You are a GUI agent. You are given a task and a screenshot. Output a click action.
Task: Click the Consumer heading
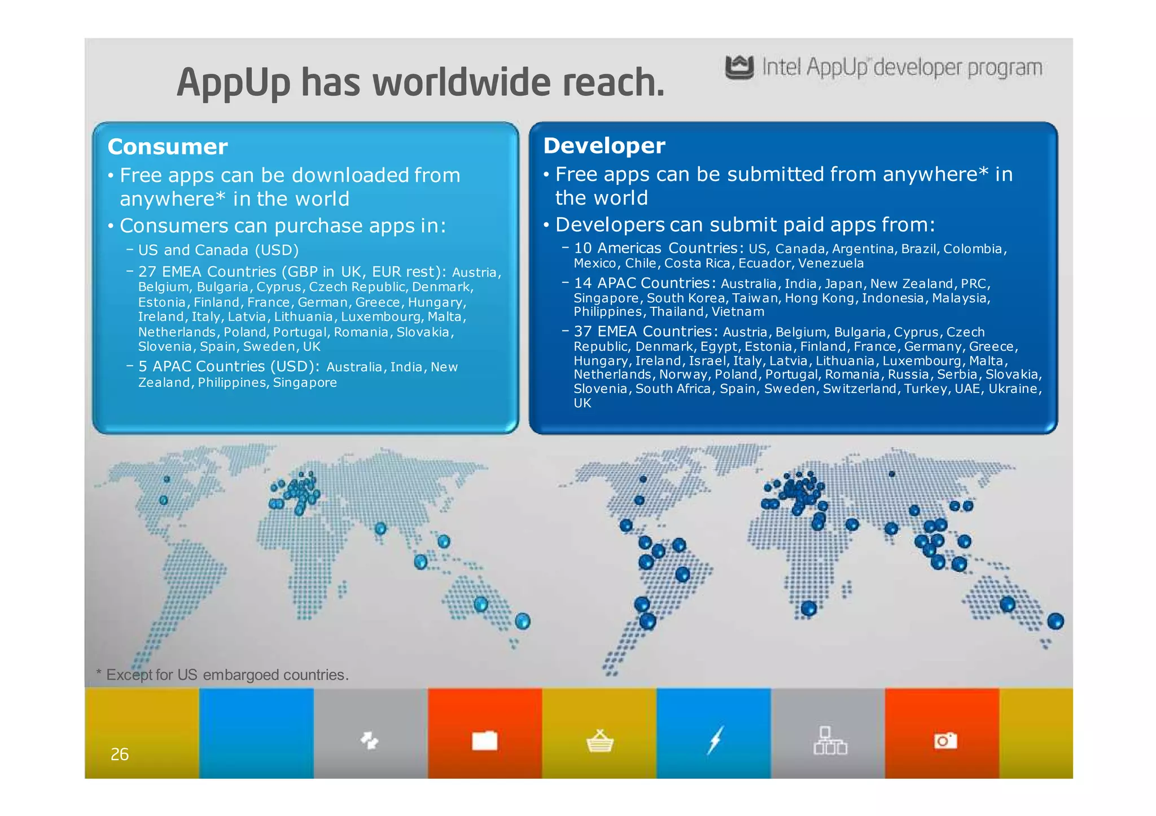[168, 147]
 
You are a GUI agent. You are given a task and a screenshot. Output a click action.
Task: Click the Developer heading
[604, 145]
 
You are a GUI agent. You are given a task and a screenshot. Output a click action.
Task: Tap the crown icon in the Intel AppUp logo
[739, 67]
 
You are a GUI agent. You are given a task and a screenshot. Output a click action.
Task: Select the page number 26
[120, 754]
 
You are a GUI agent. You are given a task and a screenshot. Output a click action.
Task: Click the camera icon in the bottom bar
[945, 740]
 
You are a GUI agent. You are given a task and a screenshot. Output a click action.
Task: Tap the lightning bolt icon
[715, 740]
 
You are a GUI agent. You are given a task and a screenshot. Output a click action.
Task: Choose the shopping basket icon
[599, 741]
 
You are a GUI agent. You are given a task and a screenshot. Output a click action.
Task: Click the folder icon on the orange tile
[484, 740]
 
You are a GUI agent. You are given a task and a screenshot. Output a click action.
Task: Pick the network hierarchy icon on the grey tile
[830, 740]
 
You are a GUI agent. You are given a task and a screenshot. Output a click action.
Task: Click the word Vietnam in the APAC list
[738, 312]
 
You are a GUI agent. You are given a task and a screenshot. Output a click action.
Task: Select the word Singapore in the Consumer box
[305, 382]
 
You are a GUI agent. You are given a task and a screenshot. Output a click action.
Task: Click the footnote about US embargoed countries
[222, 674]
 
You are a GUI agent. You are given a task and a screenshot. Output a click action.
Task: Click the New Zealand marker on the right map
[1055, 621]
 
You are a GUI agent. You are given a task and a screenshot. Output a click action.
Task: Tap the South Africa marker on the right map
[809, 608]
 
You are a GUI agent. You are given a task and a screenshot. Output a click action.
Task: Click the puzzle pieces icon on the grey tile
[370, 740]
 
